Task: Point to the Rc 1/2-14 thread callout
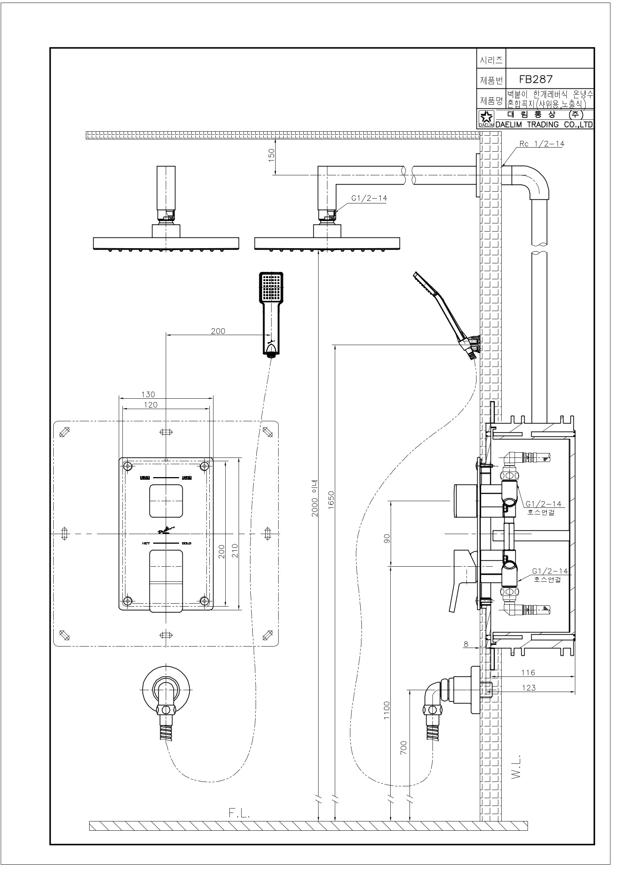tap(542, 144)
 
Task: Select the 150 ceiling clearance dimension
tap(272, 155)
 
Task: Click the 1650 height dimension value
tap(331, 499)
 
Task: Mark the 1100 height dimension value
tap(387, 709)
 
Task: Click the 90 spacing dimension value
tap(387, 539)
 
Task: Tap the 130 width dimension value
tap(148, 395)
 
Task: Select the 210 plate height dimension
tap(235, 551)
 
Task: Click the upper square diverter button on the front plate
tap(166, 500)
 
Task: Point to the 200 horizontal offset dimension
tap(218, 331)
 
